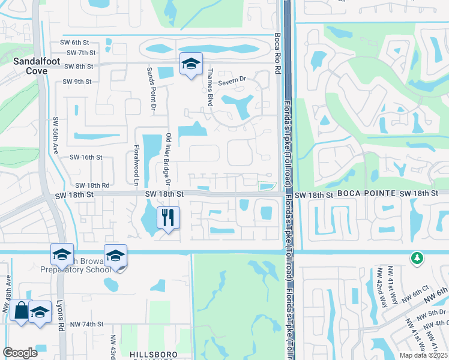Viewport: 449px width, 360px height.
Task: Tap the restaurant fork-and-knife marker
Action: click(169, 217)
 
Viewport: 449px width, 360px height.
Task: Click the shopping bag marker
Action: click(20, 311)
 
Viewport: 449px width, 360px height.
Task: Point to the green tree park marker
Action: click(416, 258)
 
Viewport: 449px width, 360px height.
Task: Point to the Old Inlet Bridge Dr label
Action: click(169, 158)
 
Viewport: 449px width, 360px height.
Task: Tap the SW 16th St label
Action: click(86, 157)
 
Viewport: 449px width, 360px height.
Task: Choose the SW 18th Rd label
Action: click(92, 185)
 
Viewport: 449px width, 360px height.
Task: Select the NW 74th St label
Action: click(86, 324)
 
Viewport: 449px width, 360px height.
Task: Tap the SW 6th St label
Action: click(74, 43)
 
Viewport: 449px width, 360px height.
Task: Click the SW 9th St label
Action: click(77, 82)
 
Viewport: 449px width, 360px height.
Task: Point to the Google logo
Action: click(20, 353)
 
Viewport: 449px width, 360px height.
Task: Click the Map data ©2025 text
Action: click(423, 355)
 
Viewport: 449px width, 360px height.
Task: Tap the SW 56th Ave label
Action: click(55, 136)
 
